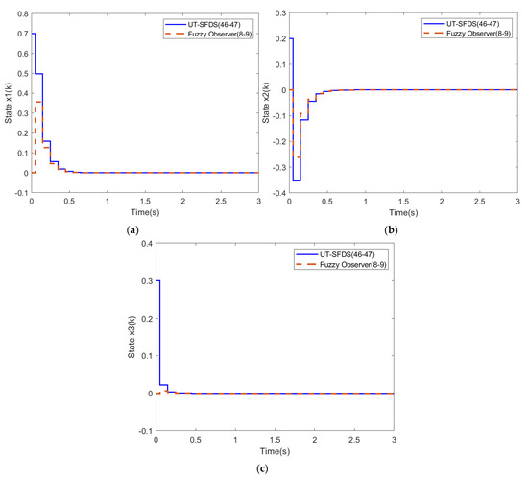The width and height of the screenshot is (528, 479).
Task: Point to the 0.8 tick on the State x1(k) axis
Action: (x=22, y=12)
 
